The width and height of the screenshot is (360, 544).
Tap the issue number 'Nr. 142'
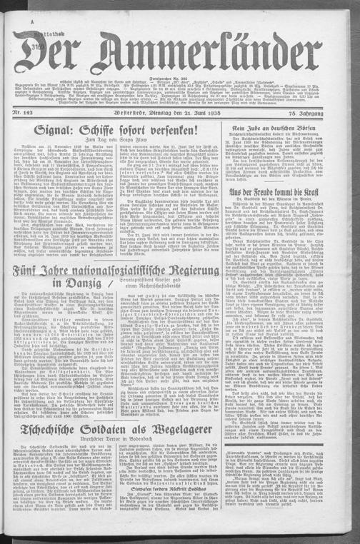pos(27,114)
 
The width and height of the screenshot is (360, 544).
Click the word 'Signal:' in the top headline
pos(58,131)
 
